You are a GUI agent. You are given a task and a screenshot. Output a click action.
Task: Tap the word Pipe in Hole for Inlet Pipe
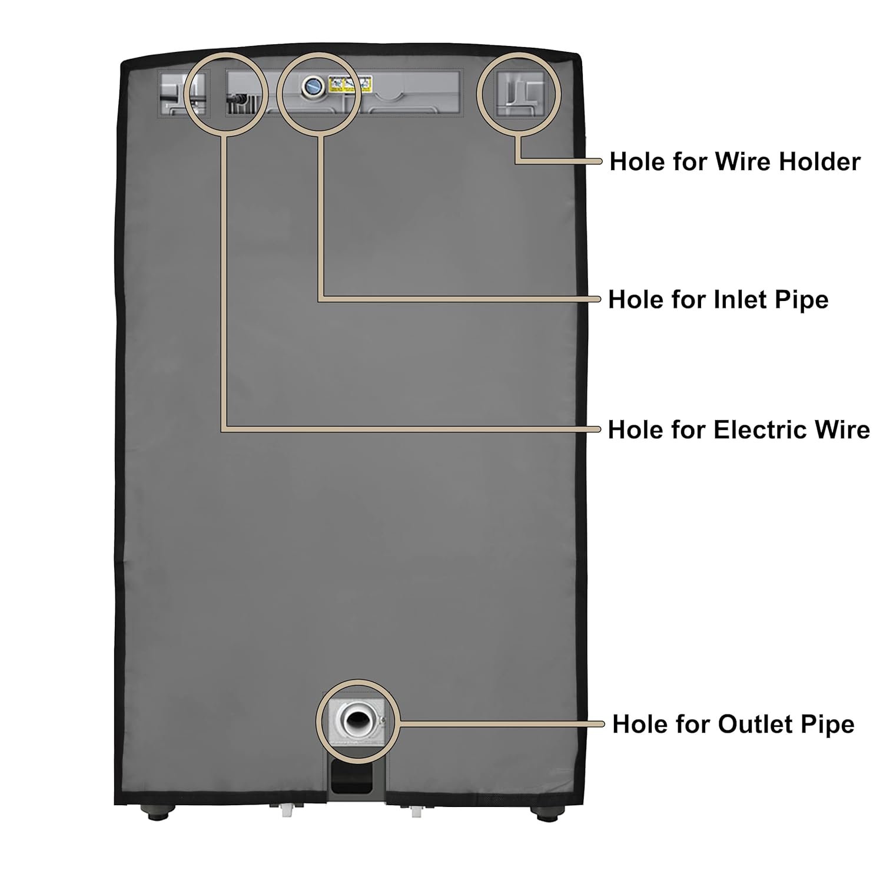pyautogui.click(x=803, y=299)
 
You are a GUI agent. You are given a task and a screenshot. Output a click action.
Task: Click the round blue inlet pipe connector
pyautogui.click(x=312, y=87)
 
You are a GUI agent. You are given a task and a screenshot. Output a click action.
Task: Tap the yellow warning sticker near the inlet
pyautogui.click(x=350, y=85)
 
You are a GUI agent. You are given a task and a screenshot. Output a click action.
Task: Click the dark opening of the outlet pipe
pyautogui.click(x=356, y=720)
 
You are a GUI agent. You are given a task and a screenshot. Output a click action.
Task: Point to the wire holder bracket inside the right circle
pyautogui.click(x=520, y=94)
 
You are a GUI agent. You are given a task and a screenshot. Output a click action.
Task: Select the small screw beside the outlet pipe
pyautogui.click(x=382, y=718)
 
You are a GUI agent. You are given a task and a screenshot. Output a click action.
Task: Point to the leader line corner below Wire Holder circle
pyautogui.click(x=517, y=161)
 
